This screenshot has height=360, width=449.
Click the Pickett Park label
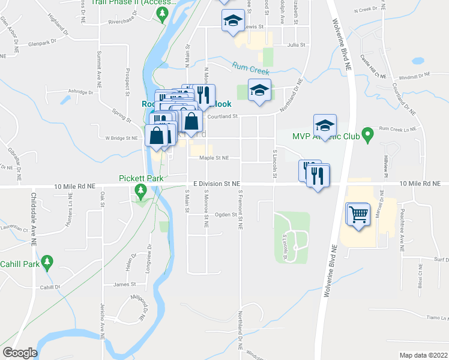(x=141, y=178)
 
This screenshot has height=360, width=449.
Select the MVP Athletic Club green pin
(x=369, y=136)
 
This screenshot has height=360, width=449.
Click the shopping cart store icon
(x=358, y=214)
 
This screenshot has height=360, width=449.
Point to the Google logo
(x=20, y=353)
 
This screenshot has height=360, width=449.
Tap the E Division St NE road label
(x=217, y=184)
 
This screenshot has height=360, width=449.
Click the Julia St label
(x=297, y=45)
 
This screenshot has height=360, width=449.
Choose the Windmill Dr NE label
(x=415, y=76)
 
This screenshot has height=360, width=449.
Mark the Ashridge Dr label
(x=81, y=92)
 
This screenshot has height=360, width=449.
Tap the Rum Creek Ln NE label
(x=403, y=129)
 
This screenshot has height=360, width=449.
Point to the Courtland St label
(x=223, y=117)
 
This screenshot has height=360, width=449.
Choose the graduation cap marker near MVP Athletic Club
(x=325, y=125)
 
